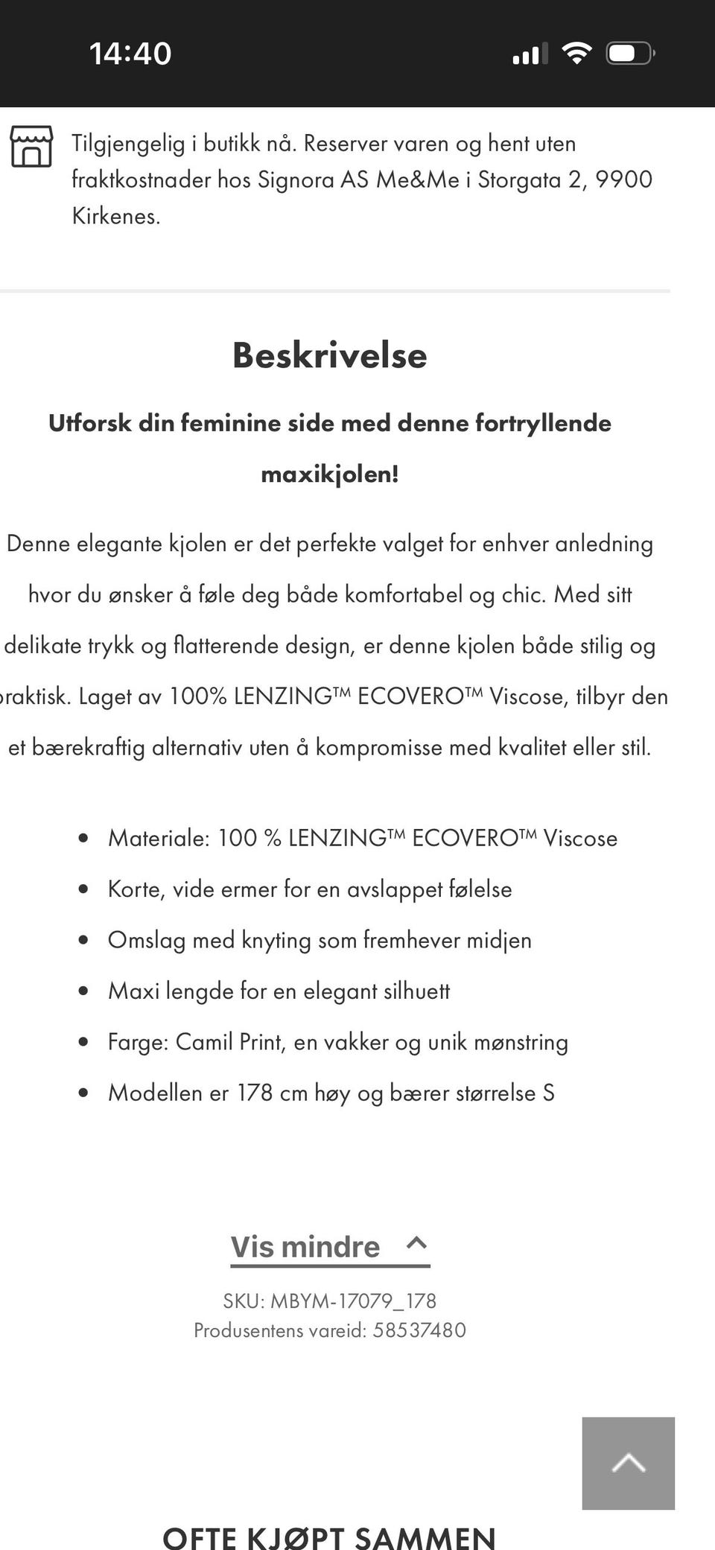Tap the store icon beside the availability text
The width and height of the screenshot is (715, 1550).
[31, 147]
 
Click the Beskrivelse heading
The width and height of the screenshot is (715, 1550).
[329, 355]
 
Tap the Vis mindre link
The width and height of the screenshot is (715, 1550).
[305, 1247]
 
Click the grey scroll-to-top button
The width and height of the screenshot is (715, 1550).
[628, 1463]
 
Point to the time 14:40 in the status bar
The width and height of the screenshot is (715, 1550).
[130, 54]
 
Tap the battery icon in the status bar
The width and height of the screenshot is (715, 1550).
[629, 54]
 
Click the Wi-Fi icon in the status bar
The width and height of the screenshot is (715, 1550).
[576, 54]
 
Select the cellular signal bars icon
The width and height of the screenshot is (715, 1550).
[530, 54]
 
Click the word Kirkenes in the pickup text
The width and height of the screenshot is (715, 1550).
[115, 216]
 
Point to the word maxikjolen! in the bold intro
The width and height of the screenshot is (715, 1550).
[329, 474]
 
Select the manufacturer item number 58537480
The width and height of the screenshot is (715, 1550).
[419, 1330]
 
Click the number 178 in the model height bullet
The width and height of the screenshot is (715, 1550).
[255, 1093]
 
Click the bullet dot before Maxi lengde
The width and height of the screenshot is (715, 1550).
[83, 991]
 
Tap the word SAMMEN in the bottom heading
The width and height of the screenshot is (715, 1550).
[425, 1536]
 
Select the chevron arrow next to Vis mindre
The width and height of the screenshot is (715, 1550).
[416, 1242]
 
